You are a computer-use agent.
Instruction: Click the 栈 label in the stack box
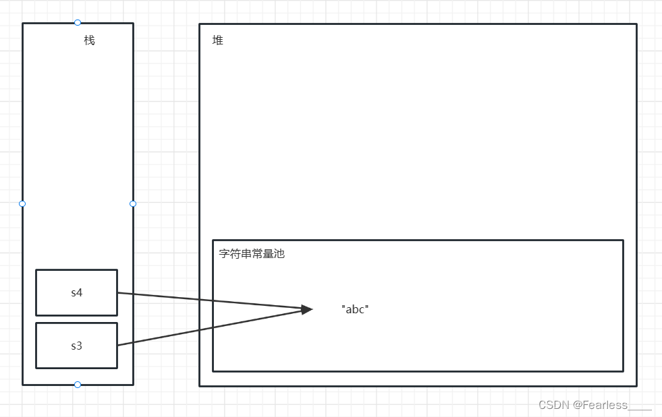(x=89, y=40)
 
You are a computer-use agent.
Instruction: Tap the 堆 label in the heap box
(x=218, y=40)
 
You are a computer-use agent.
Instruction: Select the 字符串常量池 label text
(x=252, y=254)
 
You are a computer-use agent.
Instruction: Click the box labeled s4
(x=76, y=292)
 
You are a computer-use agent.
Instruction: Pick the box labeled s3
(x=76, y=346)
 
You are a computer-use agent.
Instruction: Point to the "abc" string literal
(x=355, y=309)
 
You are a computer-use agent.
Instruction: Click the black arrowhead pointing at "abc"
(x=306, y=309)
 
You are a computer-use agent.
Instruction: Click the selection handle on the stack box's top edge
(x=78, y=23)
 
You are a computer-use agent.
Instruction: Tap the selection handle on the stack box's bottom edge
(x=78, y=385)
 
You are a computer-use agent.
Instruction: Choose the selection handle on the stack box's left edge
(x=22, y=203)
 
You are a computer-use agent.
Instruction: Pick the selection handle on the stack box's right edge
(x=133, y=203)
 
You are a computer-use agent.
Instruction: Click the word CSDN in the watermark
(x=553, y=405)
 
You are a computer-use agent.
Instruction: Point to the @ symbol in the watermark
(x=577, y=405)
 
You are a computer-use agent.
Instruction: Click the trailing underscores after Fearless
(x=640, y=408)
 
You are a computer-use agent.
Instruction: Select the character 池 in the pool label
(x=279, y=254)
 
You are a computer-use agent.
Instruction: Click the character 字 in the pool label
(x=225, y=254)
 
